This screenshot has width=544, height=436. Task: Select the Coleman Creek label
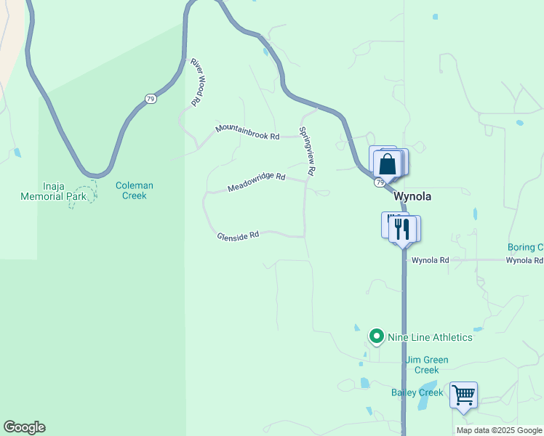pyautogui.click(x=135, y=190)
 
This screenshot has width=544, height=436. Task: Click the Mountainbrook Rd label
pyautogui.click(x=247, y=132)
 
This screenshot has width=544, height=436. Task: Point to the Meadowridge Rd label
pyautogui.click(x=256, y=182)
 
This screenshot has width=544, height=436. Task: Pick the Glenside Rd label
pyautogui.click(x=238, y=235)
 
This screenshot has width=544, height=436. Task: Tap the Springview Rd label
pyautogui.click(x=306, y=151)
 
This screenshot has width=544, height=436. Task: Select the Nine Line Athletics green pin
pyautogui.click(x=377, y=336)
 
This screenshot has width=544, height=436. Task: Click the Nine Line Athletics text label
pyautogui.click(x=430, y=337)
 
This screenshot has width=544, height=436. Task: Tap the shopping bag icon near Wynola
pyautogui.click(x=388, y=163)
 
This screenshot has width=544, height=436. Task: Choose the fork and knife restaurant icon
pyautogui.click(x=402, y=229)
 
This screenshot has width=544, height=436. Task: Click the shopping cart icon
pyautogui.click(x=463, y=395)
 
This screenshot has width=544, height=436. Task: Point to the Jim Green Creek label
pyautogui.click(x=427, y=365)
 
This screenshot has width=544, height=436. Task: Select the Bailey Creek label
pyautogui.click(x=417, y=392)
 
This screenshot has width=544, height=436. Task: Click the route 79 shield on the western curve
pyautogui.click(x=151, y=99)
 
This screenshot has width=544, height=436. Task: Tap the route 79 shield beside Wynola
pyautogui.click(x=380, y=183)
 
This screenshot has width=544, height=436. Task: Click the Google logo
pyautogui.click(x=24, y=427)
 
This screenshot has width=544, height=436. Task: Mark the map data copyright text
pyautogui.click(x=499, y=430)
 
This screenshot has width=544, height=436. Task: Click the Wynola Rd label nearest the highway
pyautogui.click(x=430, y=260)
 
